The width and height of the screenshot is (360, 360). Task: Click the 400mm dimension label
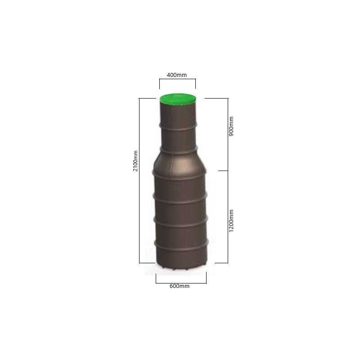176,75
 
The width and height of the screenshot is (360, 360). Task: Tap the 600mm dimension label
179,286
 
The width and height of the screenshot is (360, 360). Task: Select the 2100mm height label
135,161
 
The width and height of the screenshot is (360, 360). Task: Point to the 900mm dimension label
231,126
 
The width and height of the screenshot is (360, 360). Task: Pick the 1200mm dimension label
231,221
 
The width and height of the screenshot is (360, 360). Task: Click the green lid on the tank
178,98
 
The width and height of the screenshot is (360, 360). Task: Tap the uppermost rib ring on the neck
178,127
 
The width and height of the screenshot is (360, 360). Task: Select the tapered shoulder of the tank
179,164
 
